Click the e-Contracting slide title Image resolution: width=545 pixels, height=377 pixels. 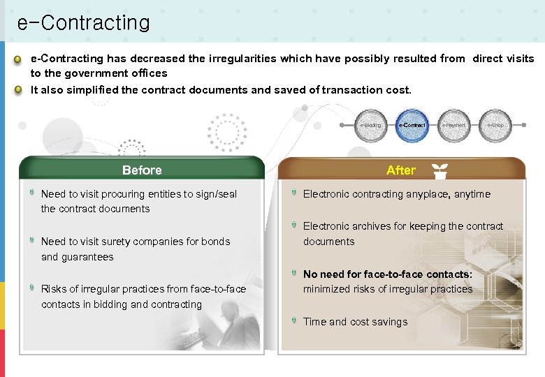[83, 23]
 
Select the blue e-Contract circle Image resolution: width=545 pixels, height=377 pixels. [412, 126]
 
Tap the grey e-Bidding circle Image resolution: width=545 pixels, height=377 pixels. [371, 126]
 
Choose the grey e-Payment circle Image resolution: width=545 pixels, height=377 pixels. [453, 126]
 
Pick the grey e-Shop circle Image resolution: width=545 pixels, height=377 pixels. [495, 126]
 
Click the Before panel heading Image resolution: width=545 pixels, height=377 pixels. [142, 170]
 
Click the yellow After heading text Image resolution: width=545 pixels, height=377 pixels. [400, 170]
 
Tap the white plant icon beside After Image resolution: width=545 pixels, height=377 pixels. [439, 170]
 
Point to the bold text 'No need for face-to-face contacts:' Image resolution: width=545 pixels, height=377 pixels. [388, 274]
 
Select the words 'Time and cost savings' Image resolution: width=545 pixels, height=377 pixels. [355, 322]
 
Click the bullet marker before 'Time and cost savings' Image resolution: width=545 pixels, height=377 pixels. [294, 321]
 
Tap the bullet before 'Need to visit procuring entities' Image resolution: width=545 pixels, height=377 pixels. [32, 193]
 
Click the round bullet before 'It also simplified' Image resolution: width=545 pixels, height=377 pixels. [21, 90]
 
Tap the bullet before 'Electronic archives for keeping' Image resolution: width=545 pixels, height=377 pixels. [294, 226]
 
